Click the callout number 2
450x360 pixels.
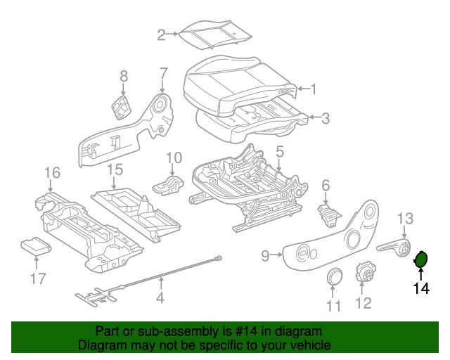pyautogui.click(x=161, y=34)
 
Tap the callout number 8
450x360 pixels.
pyautogui.click(x=124, y=76)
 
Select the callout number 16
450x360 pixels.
pyautogui.click(x=53, y=172)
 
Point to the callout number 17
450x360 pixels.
pyautogui.click(x=37, y=280)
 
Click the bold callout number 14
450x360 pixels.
pyautogui.click(x=420, y=288)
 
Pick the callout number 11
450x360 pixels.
pyautogui.click(x=333, y=306)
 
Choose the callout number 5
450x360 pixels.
pyautogui.click(x=279, y=151)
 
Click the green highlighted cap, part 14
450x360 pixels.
pyautogui.click(x=421, y=259)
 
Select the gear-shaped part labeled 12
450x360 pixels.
pyautogui.click(x=364, y=273)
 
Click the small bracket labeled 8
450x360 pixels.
pyautogui.click(x=123, y=107)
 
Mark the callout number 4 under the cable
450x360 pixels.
pyautogui.click(x=161, y=298)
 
